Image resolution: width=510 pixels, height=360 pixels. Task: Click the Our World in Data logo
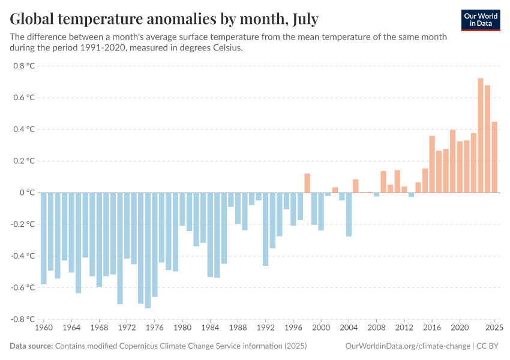(x=481, y=20)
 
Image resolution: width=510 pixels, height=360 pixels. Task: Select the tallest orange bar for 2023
(x=481, y=135)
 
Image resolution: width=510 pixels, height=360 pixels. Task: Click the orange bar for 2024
(x=488, y=139)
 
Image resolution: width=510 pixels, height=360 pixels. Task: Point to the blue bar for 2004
(x=349, y=214)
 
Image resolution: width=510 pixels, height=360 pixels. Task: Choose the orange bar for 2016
(x=432, y=164)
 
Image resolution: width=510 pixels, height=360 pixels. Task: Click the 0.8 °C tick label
(x=24, y=65)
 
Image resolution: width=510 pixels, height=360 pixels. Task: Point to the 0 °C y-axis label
(x=26, y=193)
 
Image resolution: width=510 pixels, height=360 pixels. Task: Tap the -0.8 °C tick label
(x=23, y=319)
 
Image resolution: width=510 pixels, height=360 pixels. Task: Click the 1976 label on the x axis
(x=155, y=328)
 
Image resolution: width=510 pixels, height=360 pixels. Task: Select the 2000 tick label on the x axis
(x=321, y=328)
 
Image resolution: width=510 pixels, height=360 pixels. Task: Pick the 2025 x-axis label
(x=494, y=328)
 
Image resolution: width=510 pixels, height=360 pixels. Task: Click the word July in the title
(x=302, y=19)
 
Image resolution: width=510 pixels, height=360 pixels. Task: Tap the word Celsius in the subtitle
(x=224, y=48)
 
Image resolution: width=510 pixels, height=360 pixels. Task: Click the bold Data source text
(x=31, y=346)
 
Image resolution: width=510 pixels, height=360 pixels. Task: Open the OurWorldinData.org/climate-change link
(x=409, y=346)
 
